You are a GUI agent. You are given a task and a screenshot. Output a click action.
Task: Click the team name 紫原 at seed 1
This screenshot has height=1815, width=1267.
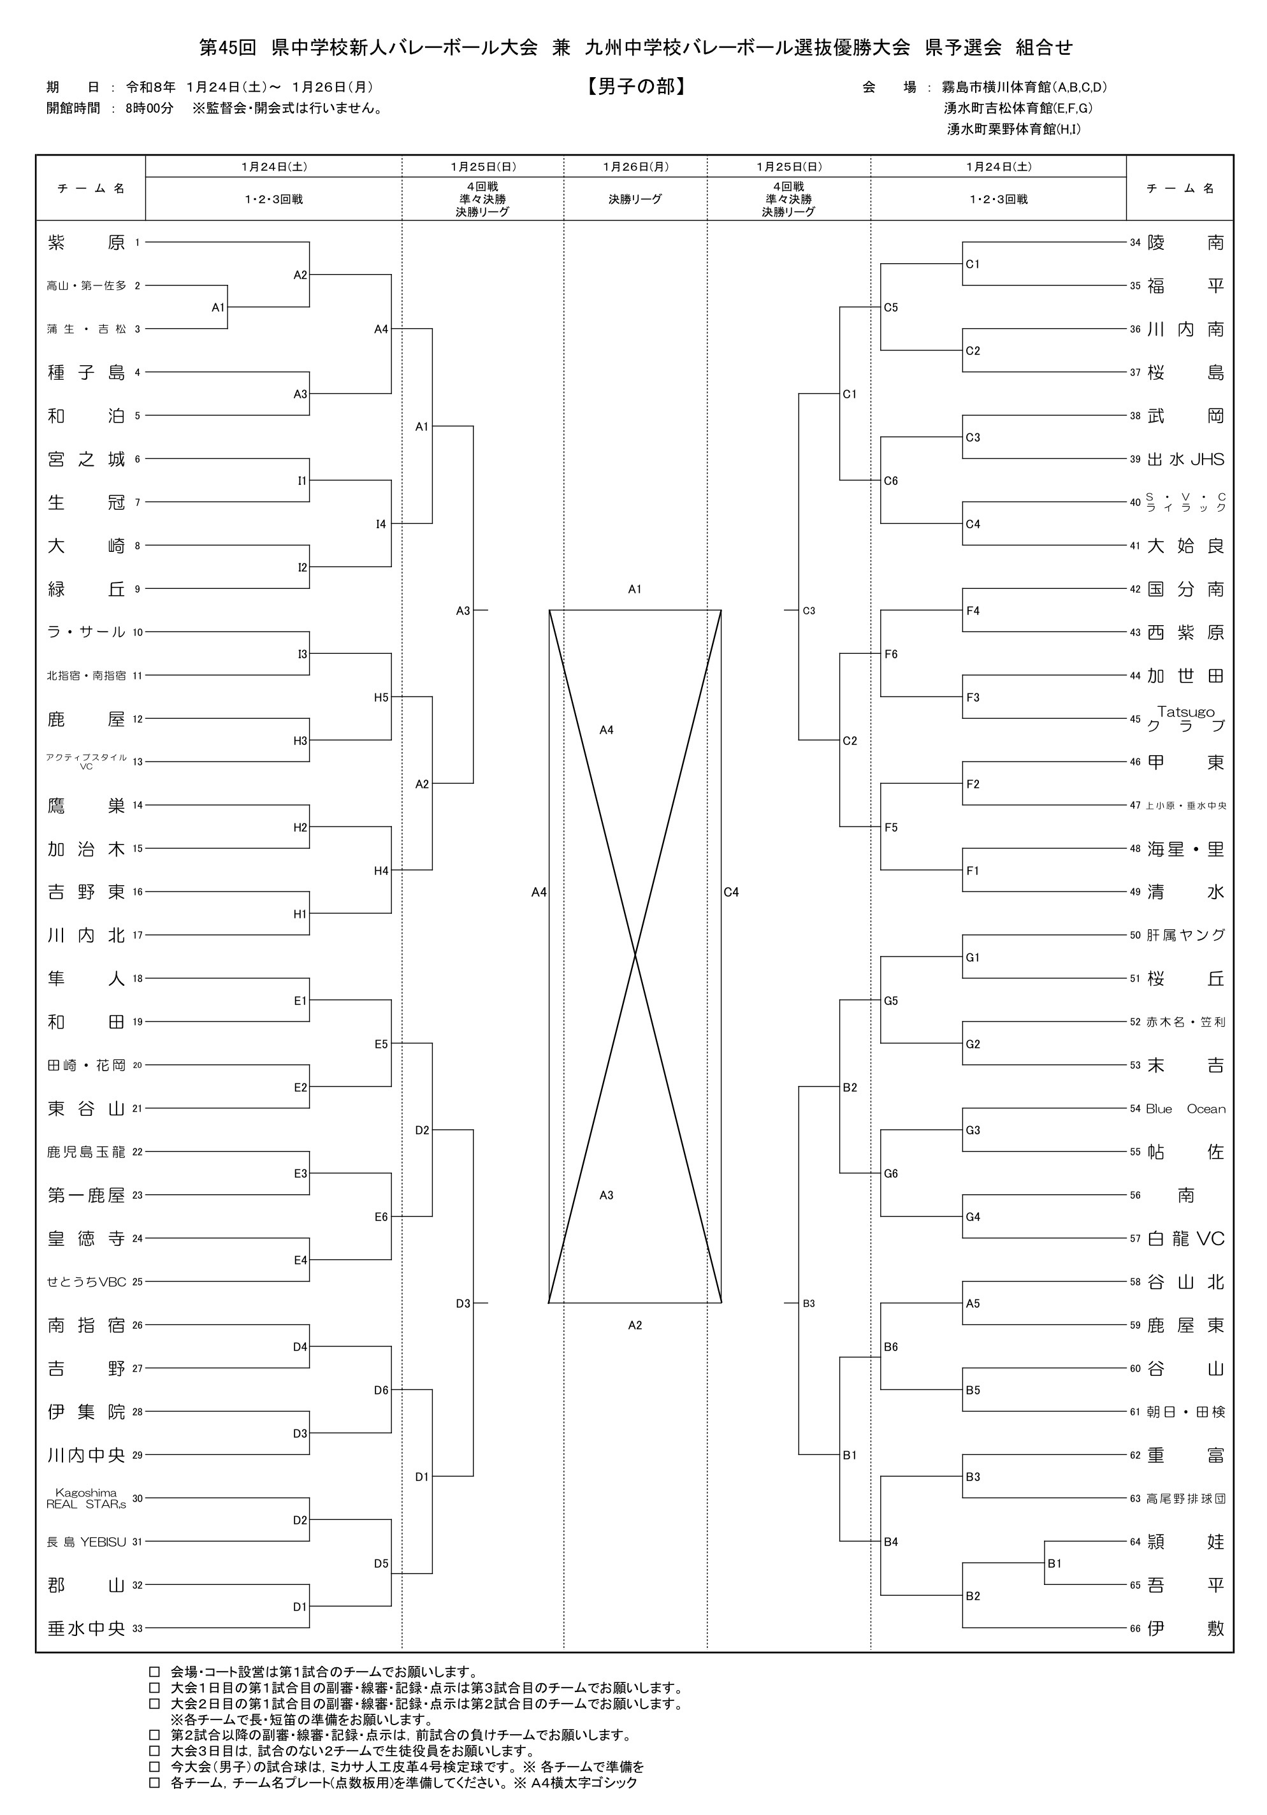tap(86, 243)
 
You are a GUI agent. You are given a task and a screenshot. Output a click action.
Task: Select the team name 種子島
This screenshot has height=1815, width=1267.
tap(86, 372)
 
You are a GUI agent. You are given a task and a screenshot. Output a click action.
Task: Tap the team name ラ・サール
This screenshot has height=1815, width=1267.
tap(86, 632)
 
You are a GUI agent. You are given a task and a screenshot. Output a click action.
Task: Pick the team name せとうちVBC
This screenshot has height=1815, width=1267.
tap(86, 1282)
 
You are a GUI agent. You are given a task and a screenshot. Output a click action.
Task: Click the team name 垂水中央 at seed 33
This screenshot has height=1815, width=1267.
tap(86, 1628)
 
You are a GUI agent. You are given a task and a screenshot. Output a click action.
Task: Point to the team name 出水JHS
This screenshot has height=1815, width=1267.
tap(1185, 459)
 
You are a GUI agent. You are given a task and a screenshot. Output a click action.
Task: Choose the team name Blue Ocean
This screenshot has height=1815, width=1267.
tap(1185, 1109)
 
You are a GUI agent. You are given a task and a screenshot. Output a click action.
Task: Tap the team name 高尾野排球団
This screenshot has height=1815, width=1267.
tap(1185, 1499)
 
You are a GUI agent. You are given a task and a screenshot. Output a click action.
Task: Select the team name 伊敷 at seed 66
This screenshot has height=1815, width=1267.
tap(1185, 1628)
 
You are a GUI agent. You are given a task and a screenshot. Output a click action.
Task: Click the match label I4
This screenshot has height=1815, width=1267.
tap(381, 524)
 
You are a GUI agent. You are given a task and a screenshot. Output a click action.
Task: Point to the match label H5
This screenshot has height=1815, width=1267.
tap(381, 697)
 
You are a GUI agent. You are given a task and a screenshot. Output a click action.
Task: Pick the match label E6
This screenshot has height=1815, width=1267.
tap(381, 1217)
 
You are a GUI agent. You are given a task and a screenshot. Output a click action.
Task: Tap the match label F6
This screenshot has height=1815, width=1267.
tap(891, 654)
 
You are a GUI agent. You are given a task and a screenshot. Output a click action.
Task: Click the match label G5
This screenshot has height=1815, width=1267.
tap(891, 1001)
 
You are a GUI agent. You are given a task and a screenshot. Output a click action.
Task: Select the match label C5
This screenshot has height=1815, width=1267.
tap(891, 308)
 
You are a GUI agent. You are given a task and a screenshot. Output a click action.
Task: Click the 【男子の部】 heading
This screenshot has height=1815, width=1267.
tap(635, 86)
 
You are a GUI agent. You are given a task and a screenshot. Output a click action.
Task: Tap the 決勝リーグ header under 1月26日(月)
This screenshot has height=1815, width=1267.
tap(635, 200)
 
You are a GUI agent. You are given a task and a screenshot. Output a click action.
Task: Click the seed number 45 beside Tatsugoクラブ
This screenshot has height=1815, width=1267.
tap(1135, 719)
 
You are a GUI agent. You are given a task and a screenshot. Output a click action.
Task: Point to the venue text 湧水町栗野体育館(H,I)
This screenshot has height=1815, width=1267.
tap(1013, 129)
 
